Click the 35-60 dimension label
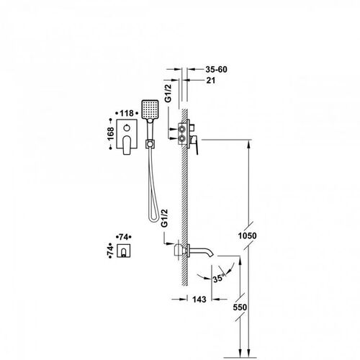point(216,69)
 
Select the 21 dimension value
point(211,81)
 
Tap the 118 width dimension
point(127,113)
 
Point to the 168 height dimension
point(110,134)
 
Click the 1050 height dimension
point(248,235)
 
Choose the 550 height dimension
point(240,307)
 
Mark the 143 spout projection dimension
point(199,300)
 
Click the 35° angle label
point(219,279)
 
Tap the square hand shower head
point(150,109)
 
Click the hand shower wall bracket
point(150,144)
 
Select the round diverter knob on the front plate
point(127,128)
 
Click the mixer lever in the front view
point(127,145)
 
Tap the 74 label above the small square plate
point(123,237)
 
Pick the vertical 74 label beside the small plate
point(110,251)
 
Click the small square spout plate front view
point(124,251)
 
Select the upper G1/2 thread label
point(168,94)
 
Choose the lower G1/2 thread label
point(164,218)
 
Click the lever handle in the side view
point(195,144)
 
